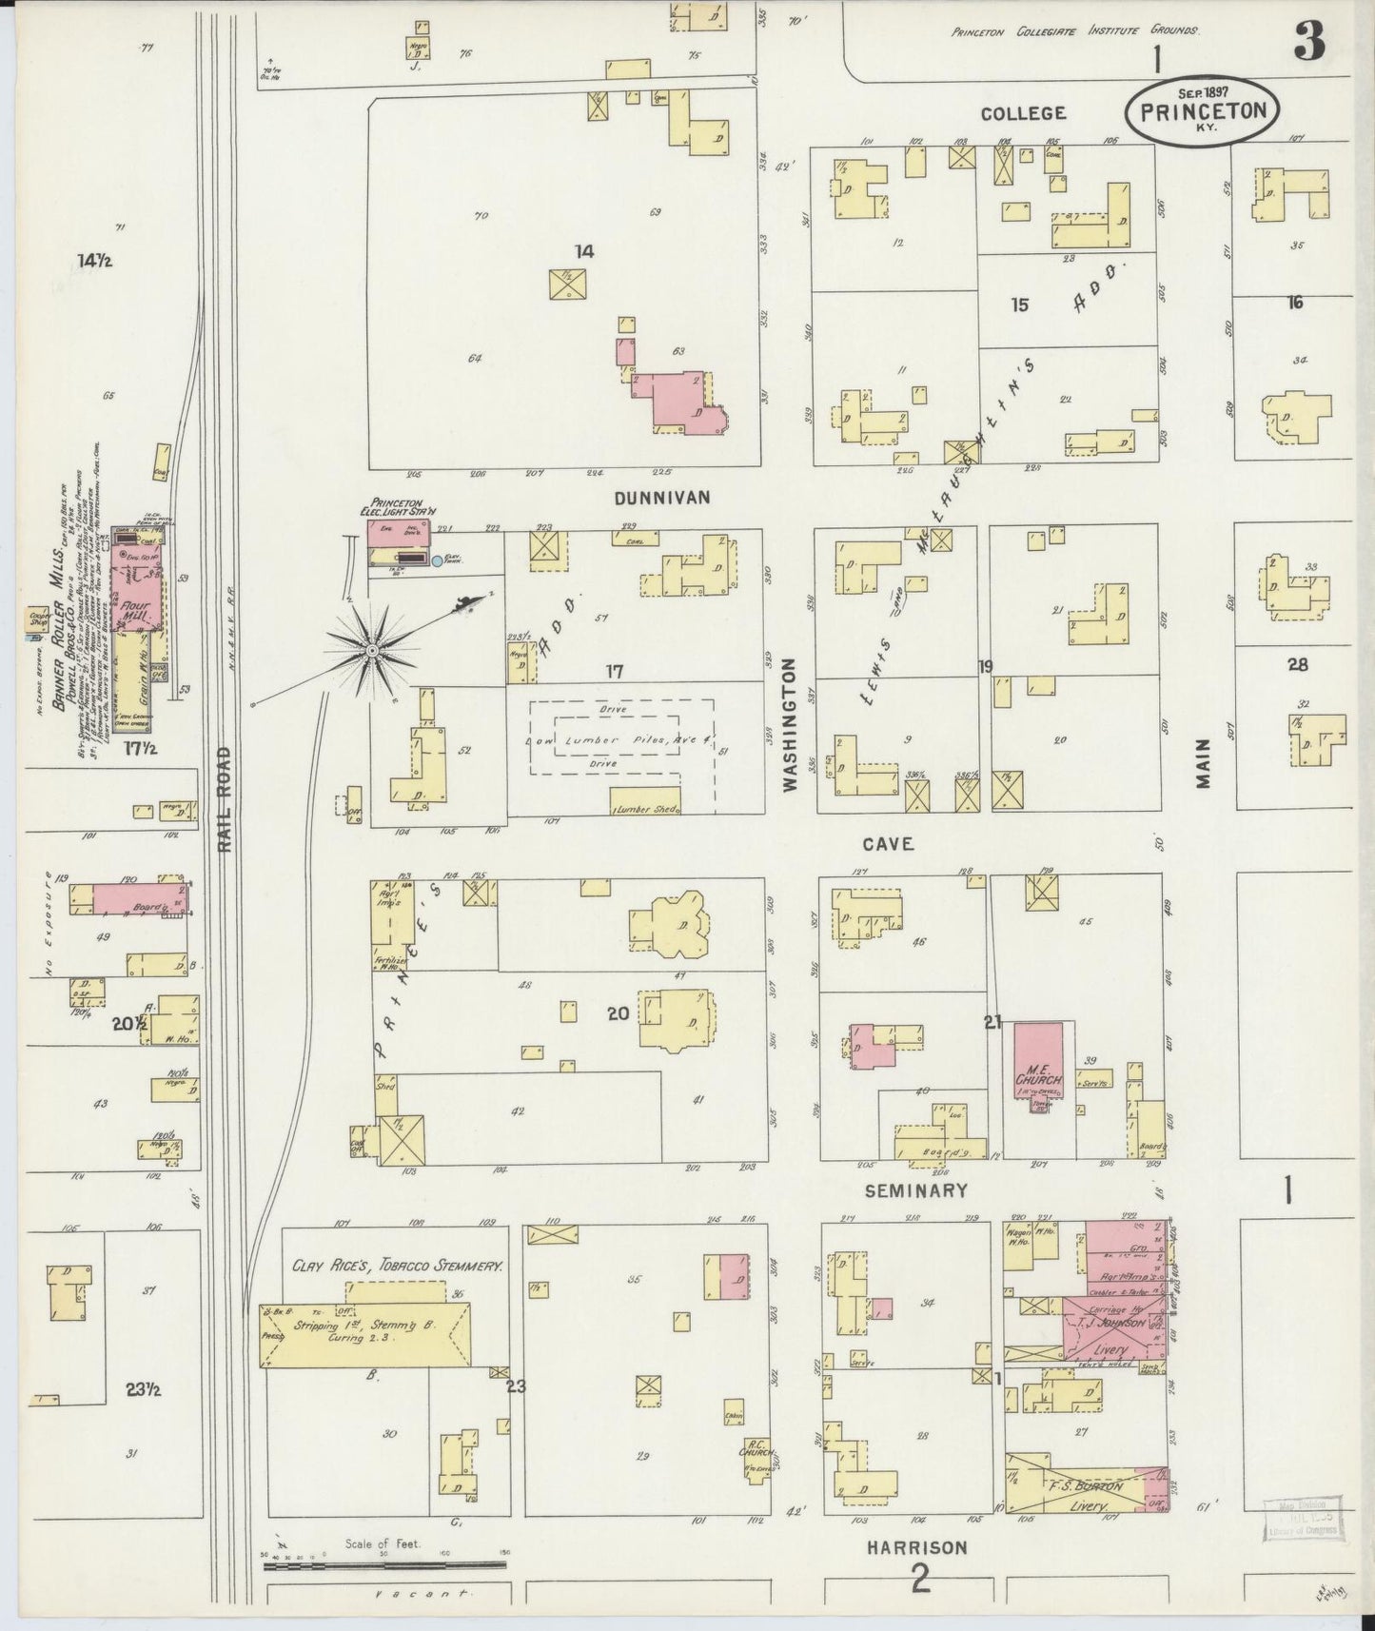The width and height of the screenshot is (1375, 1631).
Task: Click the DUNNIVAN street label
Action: click(662, 498)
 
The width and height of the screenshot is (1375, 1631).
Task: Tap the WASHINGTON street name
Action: click(789, 724)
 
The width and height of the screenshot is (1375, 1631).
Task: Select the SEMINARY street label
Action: click(916, 1190)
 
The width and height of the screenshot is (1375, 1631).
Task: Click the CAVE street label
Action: click(889, 844)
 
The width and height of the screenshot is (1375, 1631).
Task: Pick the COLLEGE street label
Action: click(1023, 113)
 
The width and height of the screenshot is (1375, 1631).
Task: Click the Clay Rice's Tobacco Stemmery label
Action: click(398, 1267)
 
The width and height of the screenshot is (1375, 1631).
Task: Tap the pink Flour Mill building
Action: click(135, 590)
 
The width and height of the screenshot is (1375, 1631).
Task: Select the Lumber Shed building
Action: click(645, 802)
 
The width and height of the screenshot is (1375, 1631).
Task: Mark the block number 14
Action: click(583, 251)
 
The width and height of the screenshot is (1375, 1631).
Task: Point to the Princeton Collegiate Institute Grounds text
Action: click(1074, 31)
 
